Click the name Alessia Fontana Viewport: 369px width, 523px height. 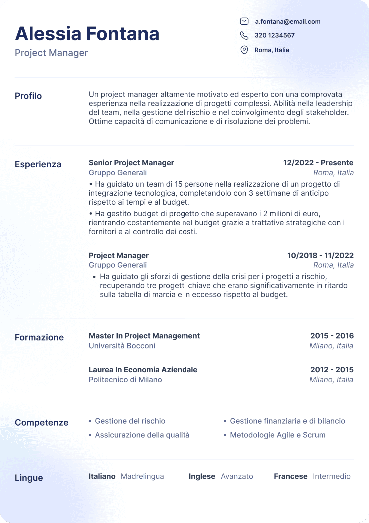pos(87,34)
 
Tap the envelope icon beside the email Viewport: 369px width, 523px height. pos(244,21)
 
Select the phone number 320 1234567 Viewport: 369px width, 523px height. pos(274,35)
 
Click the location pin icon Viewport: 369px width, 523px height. pos(244,50)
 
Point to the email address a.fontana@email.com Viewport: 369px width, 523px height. pos(288,21)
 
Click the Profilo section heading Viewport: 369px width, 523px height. pos(28,96)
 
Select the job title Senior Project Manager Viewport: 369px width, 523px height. pos(131,163)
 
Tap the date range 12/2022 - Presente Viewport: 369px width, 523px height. pos(318,163)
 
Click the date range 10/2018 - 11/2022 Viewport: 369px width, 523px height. pos(320,256)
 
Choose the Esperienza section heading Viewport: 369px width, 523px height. pos(38,164)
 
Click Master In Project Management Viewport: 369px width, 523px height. pos(144,336)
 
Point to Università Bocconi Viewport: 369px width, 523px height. pos(122,346)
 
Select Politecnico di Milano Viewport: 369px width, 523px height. pos(125,380)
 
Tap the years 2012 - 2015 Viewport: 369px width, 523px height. pos(332,370)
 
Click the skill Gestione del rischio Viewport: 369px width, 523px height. pos(130,421)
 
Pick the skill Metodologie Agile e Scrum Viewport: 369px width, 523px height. pos(277,435)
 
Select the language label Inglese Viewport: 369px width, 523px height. pos(202,476)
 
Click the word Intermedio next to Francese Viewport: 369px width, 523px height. pos(332,476)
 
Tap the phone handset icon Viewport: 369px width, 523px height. pos(244,35)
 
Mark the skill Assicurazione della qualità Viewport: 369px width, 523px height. pos(142,435)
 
